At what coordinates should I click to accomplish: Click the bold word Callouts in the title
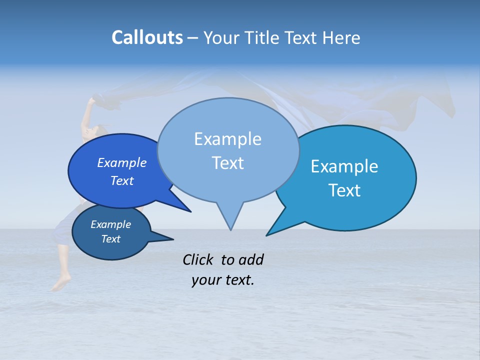tap(147, 37)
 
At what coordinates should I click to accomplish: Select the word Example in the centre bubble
tap(227, 139)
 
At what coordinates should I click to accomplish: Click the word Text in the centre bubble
tap(227, 163)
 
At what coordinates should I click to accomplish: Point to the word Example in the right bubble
tap(344, 166)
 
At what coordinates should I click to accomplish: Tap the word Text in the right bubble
tap(344, 190)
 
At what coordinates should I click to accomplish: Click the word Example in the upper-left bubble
tap(122, 163)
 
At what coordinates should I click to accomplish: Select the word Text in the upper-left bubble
tap(122, 181)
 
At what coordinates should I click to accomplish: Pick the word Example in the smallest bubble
tap(110, 224)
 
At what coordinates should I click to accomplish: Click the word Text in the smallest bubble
tap(110, 239)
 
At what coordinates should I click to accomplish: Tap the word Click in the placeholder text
tap(198, 259)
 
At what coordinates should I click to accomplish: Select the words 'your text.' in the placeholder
tap(223, 280)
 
